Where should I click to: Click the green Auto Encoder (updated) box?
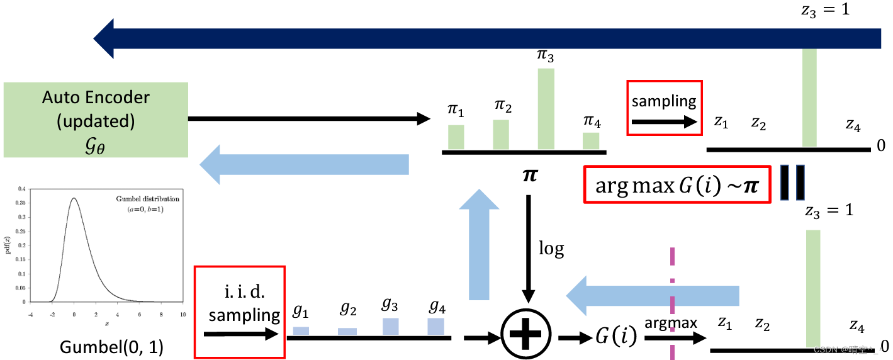(x=96, y=119)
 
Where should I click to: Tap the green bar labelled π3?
(x=546, y=108)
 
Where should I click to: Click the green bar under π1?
(x=456, y=137)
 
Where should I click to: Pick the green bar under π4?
(x=590, y=141)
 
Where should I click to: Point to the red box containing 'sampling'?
(x=664, y=107)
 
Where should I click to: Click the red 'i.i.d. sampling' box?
(x=240, y=304)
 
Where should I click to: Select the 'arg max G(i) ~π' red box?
(x=678, y=184)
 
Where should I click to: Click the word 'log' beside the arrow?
(x=551, y=249)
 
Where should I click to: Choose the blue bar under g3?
(x=391, y=326)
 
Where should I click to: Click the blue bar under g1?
(x=301, y=330)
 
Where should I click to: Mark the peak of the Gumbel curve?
(x=74, y=198)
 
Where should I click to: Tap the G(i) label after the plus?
(x=615, y=337)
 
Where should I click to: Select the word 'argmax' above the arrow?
(x=670, y=323)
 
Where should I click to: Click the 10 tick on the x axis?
(x=183, y=313)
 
